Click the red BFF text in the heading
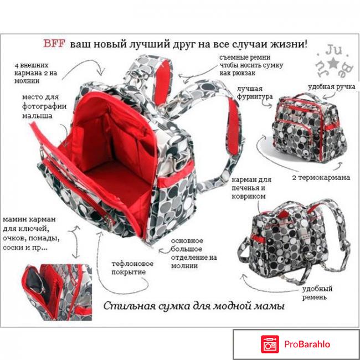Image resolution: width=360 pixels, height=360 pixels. (54, 43)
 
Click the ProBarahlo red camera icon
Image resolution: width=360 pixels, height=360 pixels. (270, 344)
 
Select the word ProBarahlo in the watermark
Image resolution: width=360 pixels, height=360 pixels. (307, 344)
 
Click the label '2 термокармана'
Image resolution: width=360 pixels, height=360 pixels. (321, 177)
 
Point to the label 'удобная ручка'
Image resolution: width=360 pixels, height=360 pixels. (332, 87)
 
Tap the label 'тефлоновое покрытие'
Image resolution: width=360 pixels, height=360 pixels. (132, 268)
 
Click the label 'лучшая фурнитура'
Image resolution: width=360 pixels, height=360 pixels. (255, 92)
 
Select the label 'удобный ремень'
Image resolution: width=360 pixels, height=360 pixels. (317, 293)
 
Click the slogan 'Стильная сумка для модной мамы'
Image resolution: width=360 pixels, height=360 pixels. (194, 306)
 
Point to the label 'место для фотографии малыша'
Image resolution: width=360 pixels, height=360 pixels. (44, 106)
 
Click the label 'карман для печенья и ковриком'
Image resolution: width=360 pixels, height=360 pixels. (251, 188)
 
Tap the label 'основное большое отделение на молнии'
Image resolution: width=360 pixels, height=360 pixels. (194, 253)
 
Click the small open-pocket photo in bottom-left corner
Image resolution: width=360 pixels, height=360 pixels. (58, 292)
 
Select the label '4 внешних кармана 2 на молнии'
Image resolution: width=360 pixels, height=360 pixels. (35, 73)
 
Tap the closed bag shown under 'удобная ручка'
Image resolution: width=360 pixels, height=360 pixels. (310, 127)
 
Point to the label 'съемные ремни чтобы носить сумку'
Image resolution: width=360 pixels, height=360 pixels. (251, 65)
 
